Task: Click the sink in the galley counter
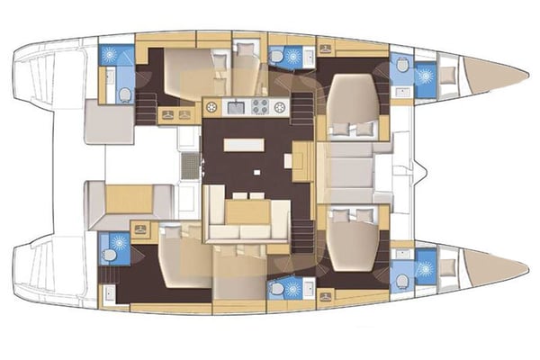pyautogui.click(x=237, y=107)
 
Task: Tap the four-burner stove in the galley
pyautogui.click(x=260, y=107)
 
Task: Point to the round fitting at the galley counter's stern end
pyautogui.click(x=213, y=107)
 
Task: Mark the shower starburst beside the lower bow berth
pyautogui.click(x=423, y=267)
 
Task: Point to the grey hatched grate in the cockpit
pyautogui.click(x=189, y=166)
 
